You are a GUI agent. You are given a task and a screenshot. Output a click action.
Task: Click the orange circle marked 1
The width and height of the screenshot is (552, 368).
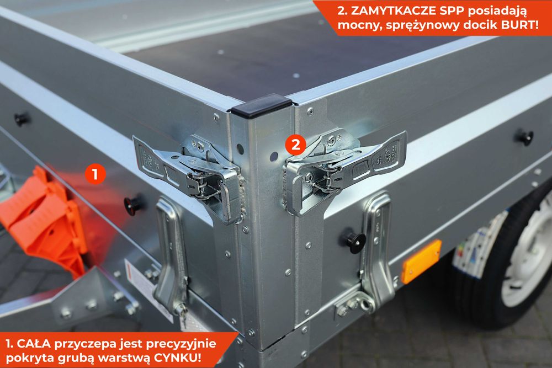coord(95,174)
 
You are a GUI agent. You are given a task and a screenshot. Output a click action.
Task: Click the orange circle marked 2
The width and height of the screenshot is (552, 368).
coord(295,145)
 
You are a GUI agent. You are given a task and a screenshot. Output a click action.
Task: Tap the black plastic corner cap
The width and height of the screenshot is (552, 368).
coord(261,105)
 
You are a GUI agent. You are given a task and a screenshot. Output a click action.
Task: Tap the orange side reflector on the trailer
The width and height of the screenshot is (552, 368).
coord(422,261)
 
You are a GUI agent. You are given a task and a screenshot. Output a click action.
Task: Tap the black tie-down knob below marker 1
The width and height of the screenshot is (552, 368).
coord(133,205)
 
